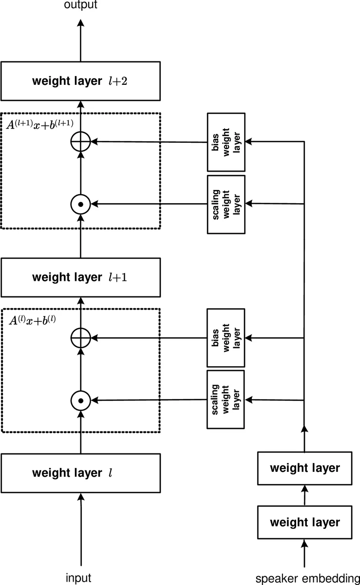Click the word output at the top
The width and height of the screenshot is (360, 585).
point(80,5)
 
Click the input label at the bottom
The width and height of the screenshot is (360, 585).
point(78,578)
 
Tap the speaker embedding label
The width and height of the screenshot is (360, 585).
point(307,579)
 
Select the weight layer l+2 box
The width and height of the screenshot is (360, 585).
point(80,81)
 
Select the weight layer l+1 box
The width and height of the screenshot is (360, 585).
point(80,277)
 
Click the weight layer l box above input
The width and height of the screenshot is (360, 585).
point(80,473)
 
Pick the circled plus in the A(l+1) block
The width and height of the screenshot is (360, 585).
point(81,142)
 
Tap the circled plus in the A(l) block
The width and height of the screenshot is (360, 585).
point(81,337)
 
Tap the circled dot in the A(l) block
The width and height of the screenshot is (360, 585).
point(81,400)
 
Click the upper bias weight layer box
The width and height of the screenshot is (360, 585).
point(226,142)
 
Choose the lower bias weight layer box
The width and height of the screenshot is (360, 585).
point(226,338)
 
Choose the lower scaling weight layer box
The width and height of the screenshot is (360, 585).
point(226,400)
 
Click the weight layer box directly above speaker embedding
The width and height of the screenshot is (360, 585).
point(304,522)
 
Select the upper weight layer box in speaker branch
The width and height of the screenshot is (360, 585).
point(304,468)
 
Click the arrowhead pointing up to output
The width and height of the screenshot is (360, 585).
point(81,23)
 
